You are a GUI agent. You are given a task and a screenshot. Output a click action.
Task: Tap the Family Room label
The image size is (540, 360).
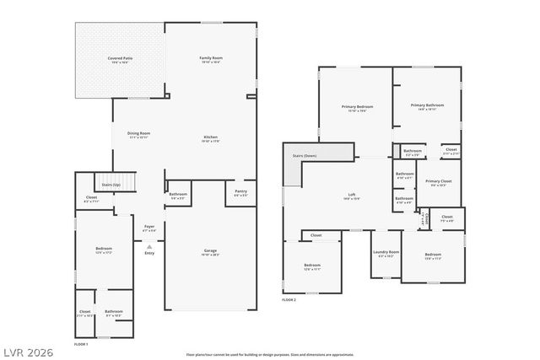210,58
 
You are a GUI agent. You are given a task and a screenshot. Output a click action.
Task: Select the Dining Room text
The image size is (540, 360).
138,133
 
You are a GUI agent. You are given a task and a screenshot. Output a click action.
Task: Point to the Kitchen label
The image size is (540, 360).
210,138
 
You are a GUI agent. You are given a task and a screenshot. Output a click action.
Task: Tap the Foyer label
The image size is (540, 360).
148,227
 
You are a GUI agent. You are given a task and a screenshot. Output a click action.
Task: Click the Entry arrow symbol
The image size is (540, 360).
148,246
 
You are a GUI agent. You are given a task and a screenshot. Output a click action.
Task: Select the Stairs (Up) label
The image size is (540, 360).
111,184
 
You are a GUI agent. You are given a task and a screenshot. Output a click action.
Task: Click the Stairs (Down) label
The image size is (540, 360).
304,156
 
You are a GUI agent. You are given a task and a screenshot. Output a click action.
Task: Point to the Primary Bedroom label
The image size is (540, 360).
357,107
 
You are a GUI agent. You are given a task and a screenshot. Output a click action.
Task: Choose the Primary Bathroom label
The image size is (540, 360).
427,105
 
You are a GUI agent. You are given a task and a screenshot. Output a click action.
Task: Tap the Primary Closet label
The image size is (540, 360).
438,181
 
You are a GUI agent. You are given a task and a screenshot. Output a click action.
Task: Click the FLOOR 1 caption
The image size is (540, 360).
81,344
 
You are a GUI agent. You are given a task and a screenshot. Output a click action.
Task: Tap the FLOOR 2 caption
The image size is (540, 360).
289,299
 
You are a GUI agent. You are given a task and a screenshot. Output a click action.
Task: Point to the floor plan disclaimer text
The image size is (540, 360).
270,355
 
